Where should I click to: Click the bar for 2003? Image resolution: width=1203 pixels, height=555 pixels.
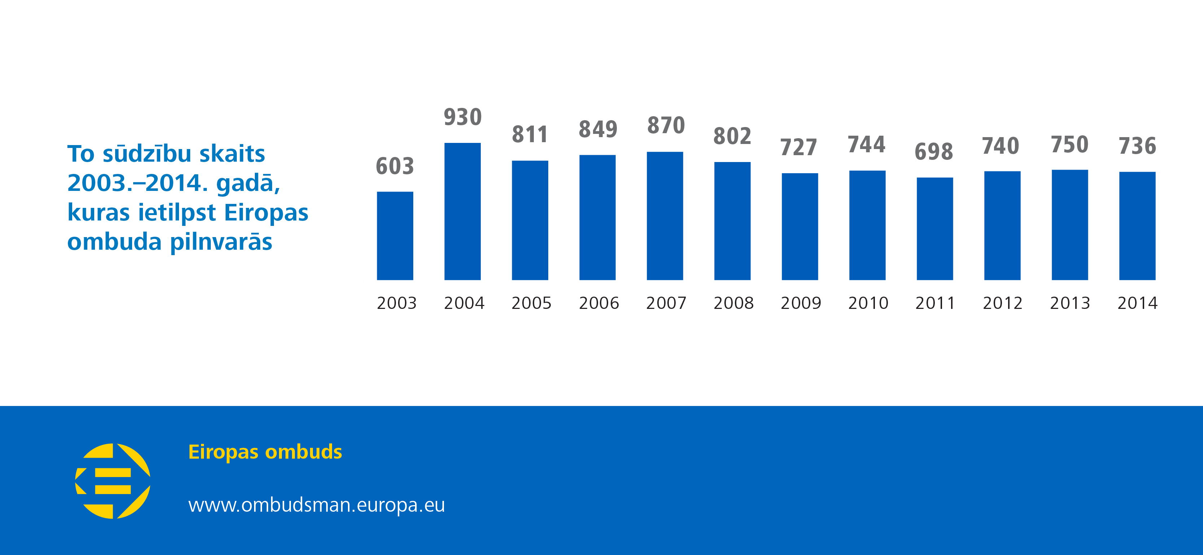pos(395,236)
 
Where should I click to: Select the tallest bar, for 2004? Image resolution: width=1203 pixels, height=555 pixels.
pos(462,211)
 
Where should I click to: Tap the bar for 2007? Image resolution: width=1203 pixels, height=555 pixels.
pos(664,216)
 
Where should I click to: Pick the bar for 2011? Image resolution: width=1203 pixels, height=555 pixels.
pos(934,229)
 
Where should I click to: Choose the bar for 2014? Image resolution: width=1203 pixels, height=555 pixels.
pos(1137,226)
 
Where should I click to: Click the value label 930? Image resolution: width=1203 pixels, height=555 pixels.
pos(462,117)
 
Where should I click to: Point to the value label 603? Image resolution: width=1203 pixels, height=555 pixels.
pos(395,166)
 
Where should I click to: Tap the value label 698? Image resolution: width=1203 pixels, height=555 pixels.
pos(934,152)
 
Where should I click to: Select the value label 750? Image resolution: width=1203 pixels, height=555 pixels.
pos(1070,145)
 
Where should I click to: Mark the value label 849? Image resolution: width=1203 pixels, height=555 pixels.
pos(598,129)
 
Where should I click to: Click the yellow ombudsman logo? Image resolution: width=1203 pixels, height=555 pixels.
pos(113,481)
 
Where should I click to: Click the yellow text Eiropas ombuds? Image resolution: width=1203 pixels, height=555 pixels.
pos(265,452)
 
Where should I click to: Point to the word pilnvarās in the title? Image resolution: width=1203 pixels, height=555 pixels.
pos(221,242)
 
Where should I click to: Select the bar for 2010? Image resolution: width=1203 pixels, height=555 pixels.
pos(867,225)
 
